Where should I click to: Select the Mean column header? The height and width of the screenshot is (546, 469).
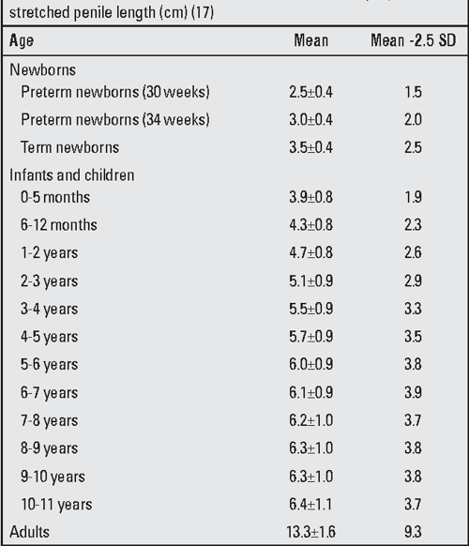coord(310,41)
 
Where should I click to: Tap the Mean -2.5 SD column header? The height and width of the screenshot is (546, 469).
coord(413,41)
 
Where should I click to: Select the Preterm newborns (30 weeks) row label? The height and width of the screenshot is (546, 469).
coord(113,92)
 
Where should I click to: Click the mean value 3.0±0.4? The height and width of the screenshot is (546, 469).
coord(311,119)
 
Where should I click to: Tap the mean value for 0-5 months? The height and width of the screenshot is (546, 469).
coord(311,197)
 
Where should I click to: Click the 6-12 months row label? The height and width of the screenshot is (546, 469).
coord(58,225)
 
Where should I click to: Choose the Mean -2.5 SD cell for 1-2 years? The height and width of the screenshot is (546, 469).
coord(413,252)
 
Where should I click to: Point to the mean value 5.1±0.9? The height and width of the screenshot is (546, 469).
coord(311,281)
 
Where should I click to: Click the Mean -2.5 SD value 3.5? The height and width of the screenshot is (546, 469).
coord(413,336)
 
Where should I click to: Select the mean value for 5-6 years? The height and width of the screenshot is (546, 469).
coord(311,364)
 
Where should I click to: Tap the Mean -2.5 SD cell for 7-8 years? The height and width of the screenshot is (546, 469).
coord(413,419)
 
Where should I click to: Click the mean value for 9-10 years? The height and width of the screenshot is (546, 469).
coord(311,475)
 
